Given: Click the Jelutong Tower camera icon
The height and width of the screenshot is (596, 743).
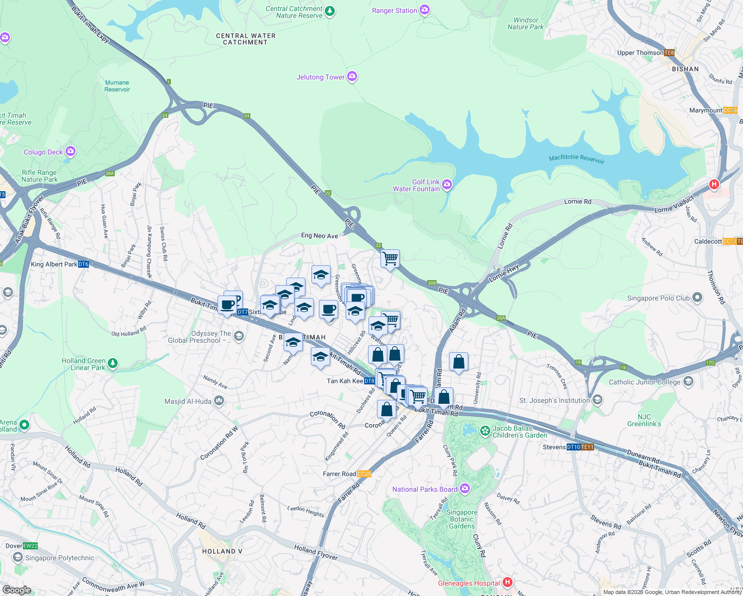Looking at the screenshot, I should (x=352, y=76).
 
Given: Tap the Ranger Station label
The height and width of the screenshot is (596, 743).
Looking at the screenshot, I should (x=394, y=10).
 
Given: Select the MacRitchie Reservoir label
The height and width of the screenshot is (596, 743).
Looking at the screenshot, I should (x=577, y=158).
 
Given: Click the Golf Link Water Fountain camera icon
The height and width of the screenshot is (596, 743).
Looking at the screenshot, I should (x=447, y=185).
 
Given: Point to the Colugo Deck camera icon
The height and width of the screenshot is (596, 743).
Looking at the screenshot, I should (x=71, y=151).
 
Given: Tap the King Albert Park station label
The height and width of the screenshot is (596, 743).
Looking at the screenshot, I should (x=54, y=264).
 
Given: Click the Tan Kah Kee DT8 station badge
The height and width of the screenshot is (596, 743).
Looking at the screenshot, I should (x=370, y=381).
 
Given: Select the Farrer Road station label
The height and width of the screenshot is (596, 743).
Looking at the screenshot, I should (x=340, y=474).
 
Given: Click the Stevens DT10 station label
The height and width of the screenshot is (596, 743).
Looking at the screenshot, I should (x=554, y=447).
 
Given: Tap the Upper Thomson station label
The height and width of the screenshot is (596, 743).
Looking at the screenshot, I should (x=640, y=53).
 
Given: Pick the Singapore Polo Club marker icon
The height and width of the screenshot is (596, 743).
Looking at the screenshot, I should (x=697, y=298).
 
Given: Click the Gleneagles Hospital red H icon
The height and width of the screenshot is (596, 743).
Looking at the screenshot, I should (x=507, y=582).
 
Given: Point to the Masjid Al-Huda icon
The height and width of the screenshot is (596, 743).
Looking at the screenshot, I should (x=219, y=401).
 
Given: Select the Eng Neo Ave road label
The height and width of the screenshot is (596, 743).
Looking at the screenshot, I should (x=319, y=236).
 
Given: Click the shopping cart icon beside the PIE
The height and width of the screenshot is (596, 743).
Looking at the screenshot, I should (x=390, y=258).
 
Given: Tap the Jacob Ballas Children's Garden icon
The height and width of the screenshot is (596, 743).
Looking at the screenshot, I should (x=485, y=431).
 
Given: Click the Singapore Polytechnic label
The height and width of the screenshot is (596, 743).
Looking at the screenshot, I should (x=60, y=558).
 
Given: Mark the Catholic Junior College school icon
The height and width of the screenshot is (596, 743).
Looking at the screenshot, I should (x=688, y=381).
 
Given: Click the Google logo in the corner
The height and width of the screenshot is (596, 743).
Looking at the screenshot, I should (x=17, y=590).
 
